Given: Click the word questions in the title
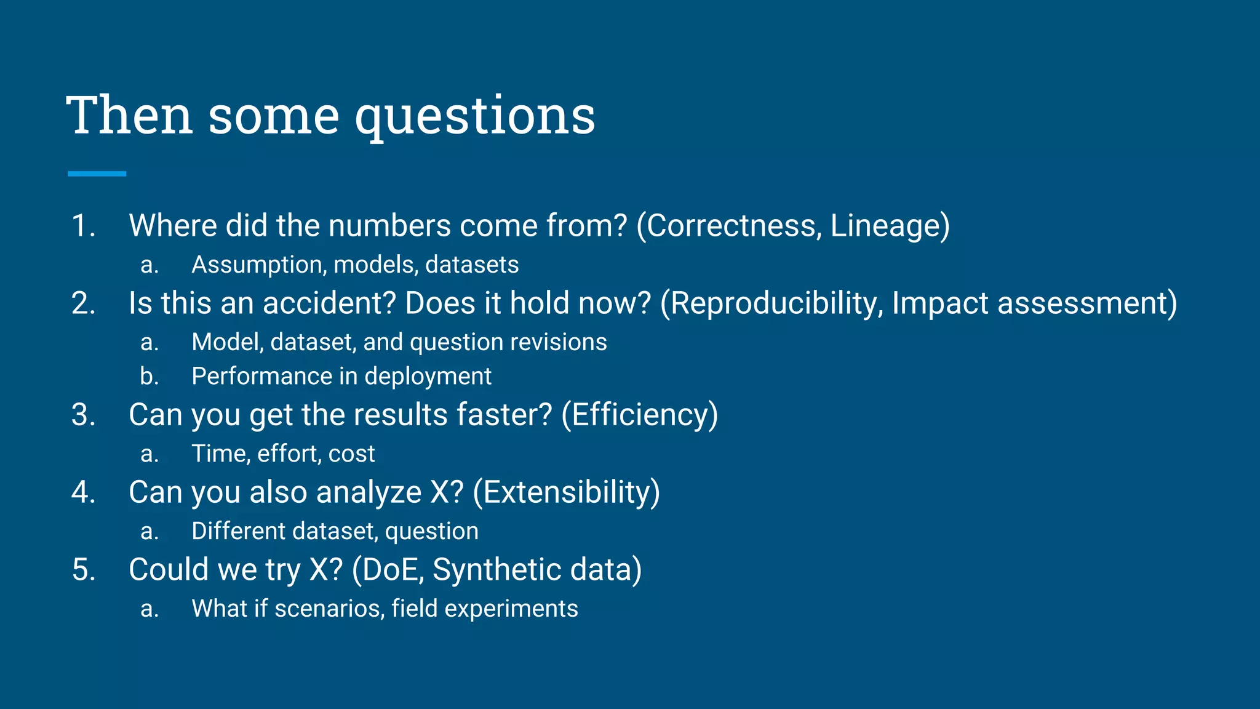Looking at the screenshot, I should coord(475,117).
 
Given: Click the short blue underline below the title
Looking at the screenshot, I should coord(97,174).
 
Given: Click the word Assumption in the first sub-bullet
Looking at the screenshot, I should coord(258,265).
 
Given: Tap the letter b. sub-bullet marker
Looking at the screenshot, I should coord(149,377).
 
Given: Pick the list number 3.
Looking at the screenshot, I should coord(84,415).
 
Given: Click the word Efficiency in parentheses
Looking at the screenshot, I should coord(640,415).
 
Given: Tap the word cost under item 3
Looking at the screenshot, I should coord(351,454).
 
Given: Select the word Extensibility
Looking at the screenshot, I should coord(567,492).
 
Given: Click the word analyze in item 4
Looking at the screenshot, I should coord(369,492).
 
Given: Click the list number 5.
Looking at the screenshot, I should coord(84,570).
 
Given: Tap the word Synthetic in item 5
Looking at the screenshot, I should coord(496,570).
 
